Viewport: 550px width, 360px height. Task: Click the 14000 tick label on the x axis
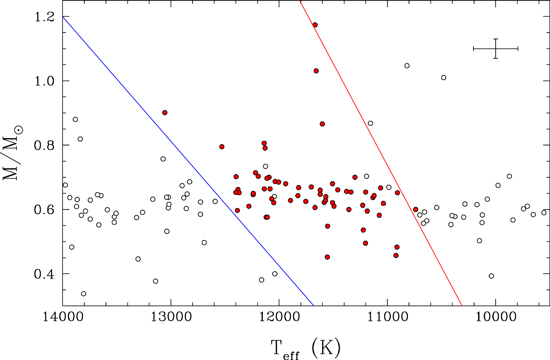(63, 319)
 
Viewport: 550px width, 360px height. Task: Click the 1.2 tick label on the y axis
(44, 17)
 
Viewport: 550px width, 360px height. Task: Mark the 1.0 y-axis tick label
(44, 81)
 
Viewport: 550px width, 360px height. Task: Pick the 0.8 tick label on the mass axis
(44, 145)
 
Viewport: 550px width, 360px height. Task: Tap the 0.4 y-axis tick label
(44, 273)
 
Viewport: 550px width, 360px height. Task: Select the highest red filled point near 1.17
(315, 25)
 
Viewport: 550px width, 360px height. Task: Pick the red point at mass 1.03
(316, 71)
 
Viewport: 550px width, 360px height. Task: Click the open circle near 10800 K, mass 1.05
(407, 66)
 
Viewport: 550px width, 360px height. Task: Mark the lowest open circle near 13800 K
(84, 294)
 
